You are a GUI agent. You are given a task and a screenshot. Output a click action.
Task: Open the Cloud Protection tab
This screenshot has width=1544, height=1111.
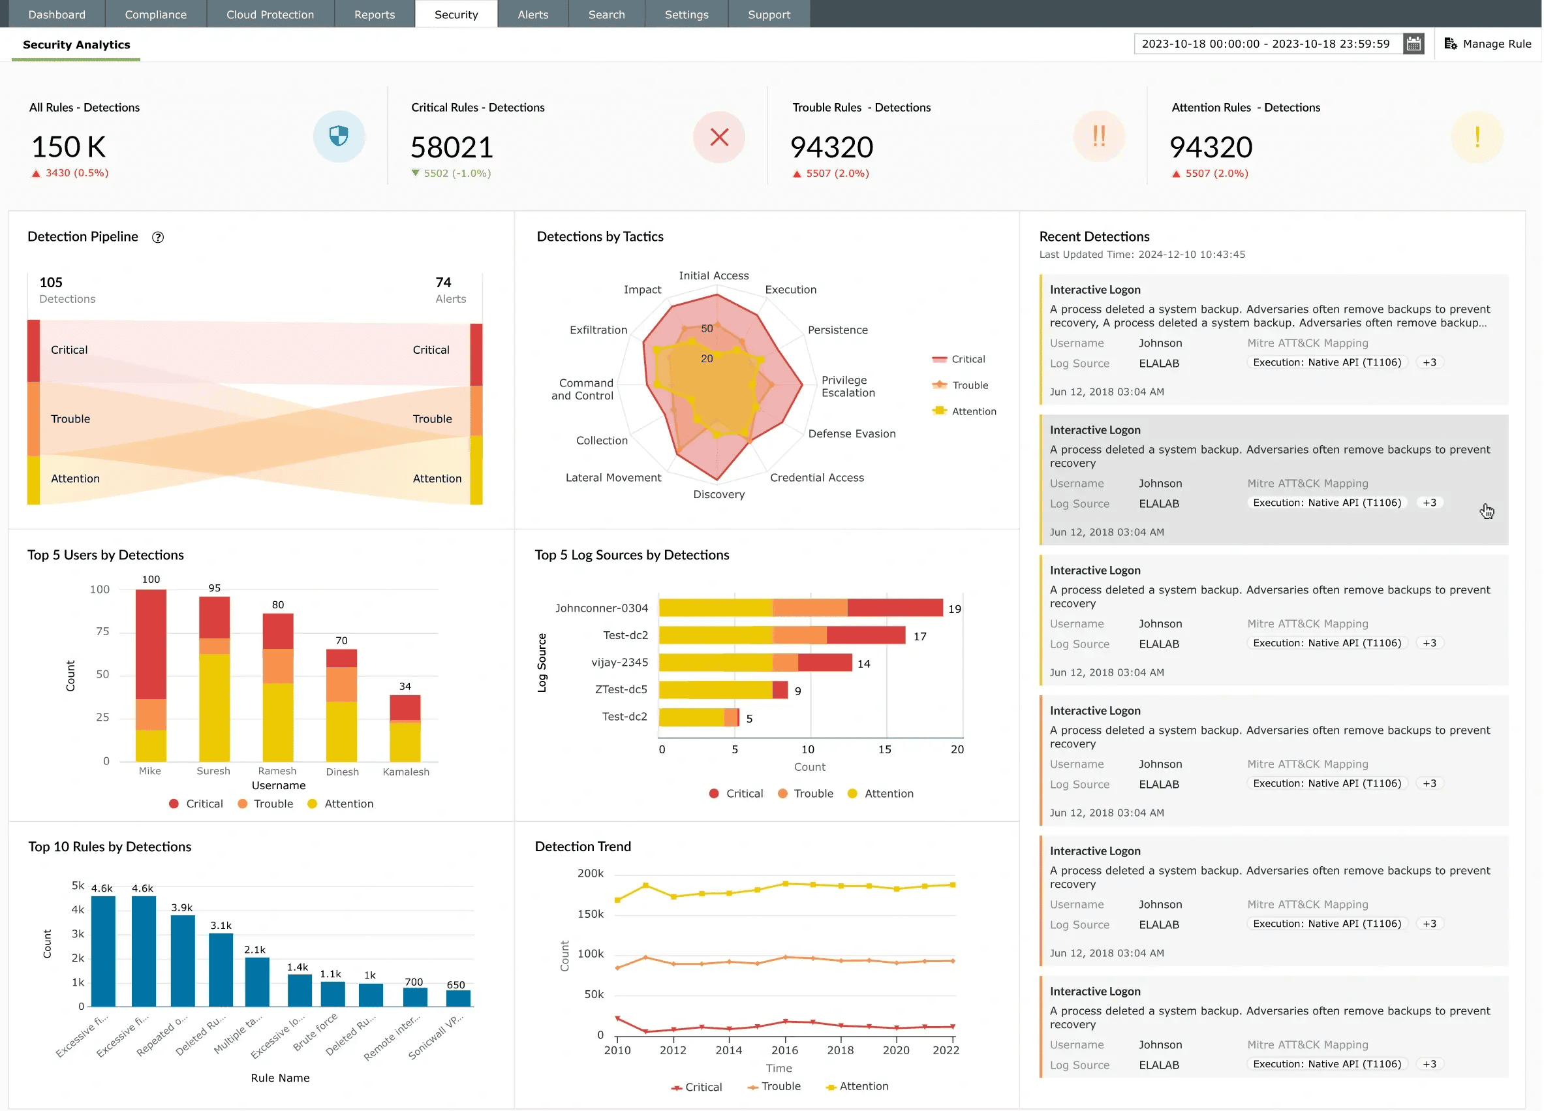pos(270,14)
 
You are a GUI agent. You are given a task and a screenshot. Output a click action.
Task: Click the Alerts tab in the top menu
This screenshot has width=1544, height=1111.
pos(533,14)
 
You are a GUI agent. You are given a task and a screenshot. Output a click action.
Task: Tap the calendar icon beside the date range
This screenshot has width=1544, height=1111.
pos(1413,44)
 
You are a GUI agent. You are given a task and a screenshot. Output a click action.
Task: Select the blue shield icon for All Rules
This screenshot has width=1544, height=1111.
pos(339,136)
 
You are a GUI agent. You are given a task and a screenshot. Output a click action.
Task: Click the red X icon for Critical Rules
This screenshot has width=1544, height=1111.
pos(719,137)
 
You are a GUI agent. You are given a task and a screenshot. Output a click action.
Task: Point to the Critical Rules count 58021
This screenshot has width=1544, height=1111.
pos(452,147)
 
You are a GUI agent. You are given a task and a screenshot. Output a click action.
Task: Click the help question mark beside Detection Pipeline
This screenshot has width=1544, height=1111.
pos(158,237)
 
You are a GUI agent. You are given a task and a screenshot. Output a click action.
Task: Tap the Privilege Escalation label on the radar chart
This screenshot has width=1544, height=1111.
pos(848,386)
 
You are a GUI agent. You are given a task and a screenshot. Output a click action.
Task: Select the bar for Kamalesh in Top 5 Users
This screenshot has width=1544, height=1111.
pos(405,728)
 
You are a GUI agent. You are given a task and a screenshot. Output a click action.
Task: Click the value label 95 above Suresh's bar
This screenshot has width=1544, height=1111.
pos(215,587)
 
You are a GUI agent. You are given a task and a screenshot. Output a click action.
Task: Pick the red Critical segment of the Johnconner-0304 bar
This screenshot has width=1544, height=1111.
pos(895,607)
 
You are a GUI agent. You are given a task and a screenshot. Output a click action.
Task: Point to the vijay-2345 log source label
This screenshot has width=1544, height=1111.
pos(619,662)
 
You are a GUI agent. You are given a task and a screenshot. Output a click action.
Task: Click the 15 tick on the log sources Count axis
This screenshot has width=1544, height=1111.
pos(884,749)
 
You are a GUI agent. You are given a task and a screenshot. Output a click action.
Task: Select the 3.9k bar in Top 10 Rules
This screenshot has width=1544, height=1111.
pos(183,961)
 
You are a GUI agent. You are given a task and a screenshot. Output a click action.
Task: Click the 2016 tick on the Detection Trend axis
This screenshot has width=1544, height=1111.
pos(784,1050)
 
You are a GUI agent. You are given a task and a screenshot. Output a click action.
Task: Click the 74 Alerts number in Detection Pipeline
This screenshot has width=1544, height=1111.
pos(443,282)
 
